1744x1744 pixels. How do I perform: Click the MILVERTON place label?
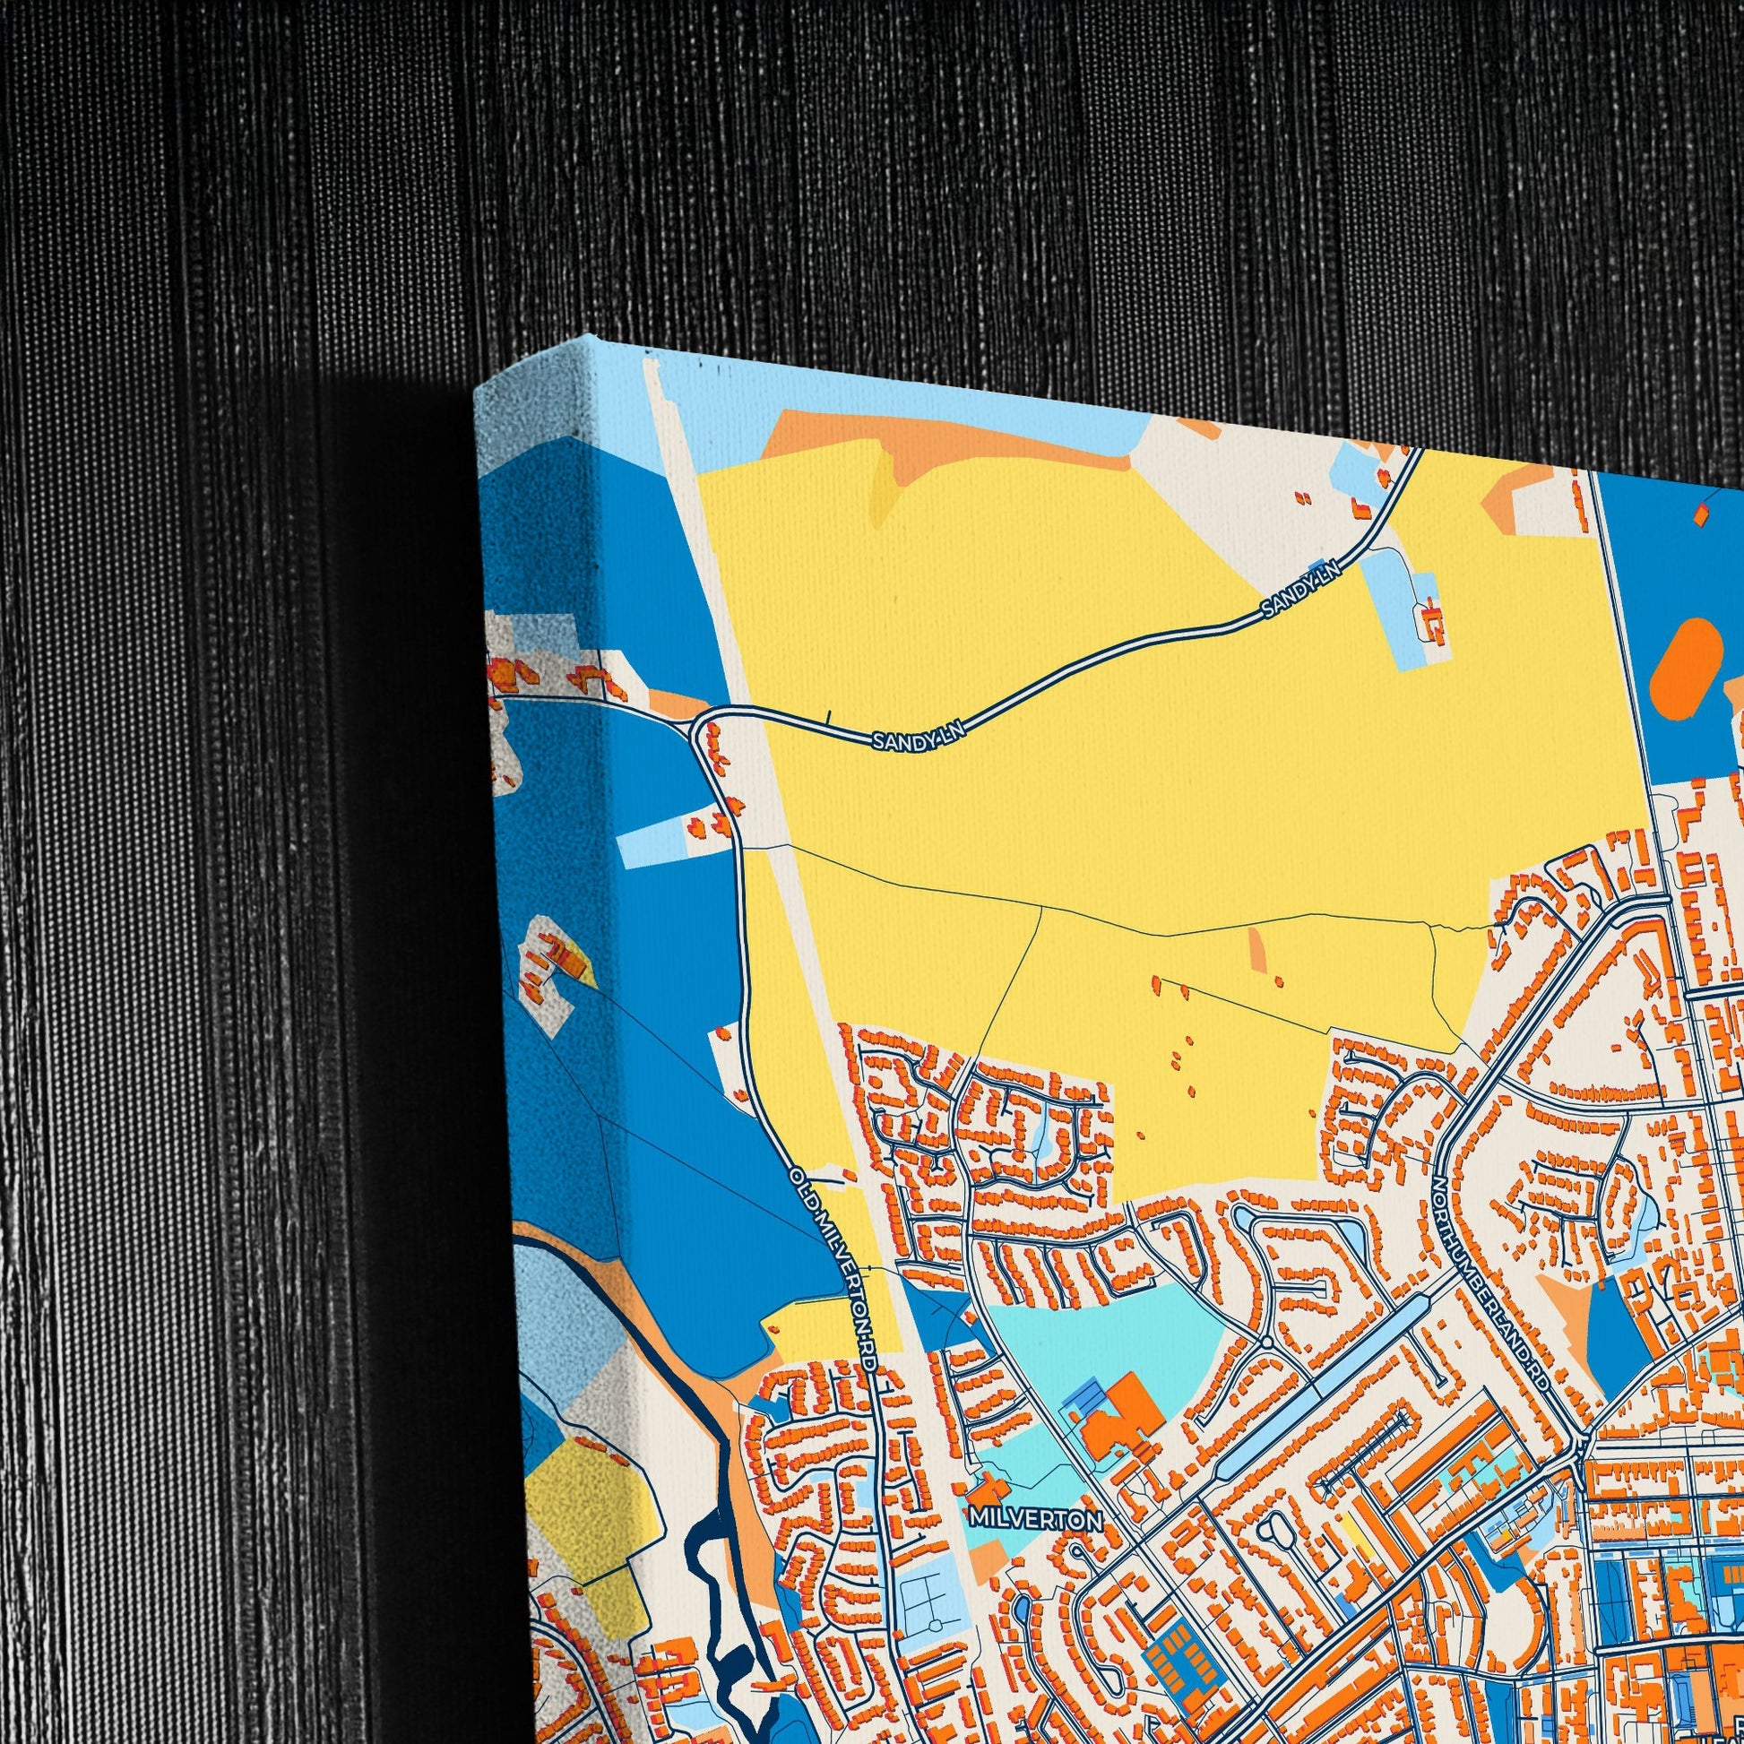(1035, 1520)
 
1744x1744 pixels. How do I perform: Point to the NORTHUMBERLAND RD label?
(1494, 1282)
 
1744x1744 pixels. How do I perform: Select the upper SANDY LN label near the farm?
(1300, 596)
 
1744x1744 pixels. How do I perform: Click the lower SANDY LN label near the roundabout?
(918, 738)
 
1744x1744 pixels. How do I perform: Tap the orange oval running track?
(1684, 669)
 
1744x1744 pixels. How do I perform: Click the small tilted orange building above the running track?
(1701, 514)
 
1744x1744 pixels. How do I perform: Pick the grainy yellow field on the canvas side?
(578, 1498)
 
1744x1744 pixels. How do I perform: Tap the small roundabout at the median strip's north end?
(1266, 1343)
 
